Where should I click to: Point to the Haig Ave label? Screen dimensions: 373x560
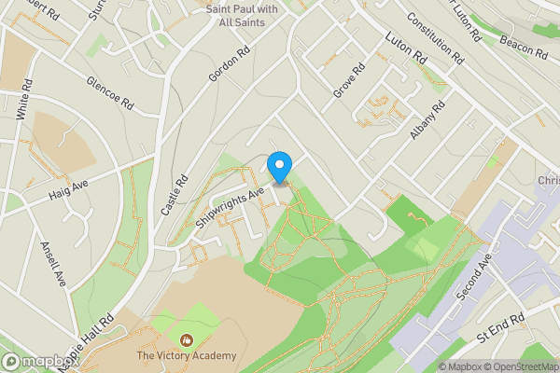click(x=68, y=189)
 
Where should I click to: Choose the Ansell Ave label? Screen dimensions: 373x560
click(x=53, y=264)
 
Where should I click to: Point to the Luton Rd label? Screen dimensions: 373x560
click(x=406, y=48)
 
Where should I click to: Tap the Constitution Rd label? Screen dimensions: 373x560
click(x=435, y=38)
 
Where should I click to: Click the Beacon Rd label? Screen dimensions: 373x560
click(x=522, y=41)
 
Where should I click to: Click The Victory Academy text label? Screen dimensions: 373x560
click(x=187, y=356)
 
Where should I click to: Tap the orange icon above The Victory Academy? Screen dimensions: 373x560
click(x=186, y=341)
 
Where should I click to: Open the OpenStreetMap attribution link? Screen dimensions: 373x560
click(x=514, y=366)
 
